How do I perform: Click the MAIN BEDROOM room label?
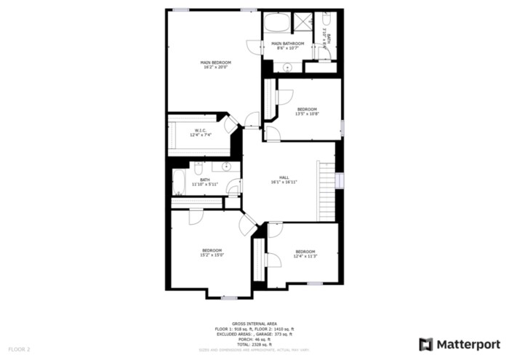(215, 63)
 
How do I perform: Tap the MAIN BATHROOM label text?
(286, 44)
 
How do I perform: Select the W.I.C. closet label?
(200, 130)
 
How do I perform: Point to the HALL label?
(284, 177)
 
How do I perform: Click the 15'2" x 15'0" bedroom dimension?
(212, 255)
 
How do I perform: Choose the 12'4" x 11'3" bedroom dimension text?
(305, 255)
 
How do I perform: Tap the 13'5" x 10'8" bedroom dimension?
(306, 113)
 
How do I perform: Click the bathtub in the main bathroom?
(276, 23)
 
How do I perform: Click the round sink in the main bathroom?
(286, 67)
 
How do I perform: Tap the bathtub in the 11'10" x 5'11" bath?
(179, 183)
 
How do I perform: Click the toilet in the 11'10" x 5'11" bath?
(199, 169)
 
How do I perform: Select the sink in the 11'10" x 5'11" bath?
(227, 167)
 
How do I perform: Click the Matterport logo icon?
(426, 344)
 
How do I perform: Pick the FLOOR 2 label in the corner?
(20, 350)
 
